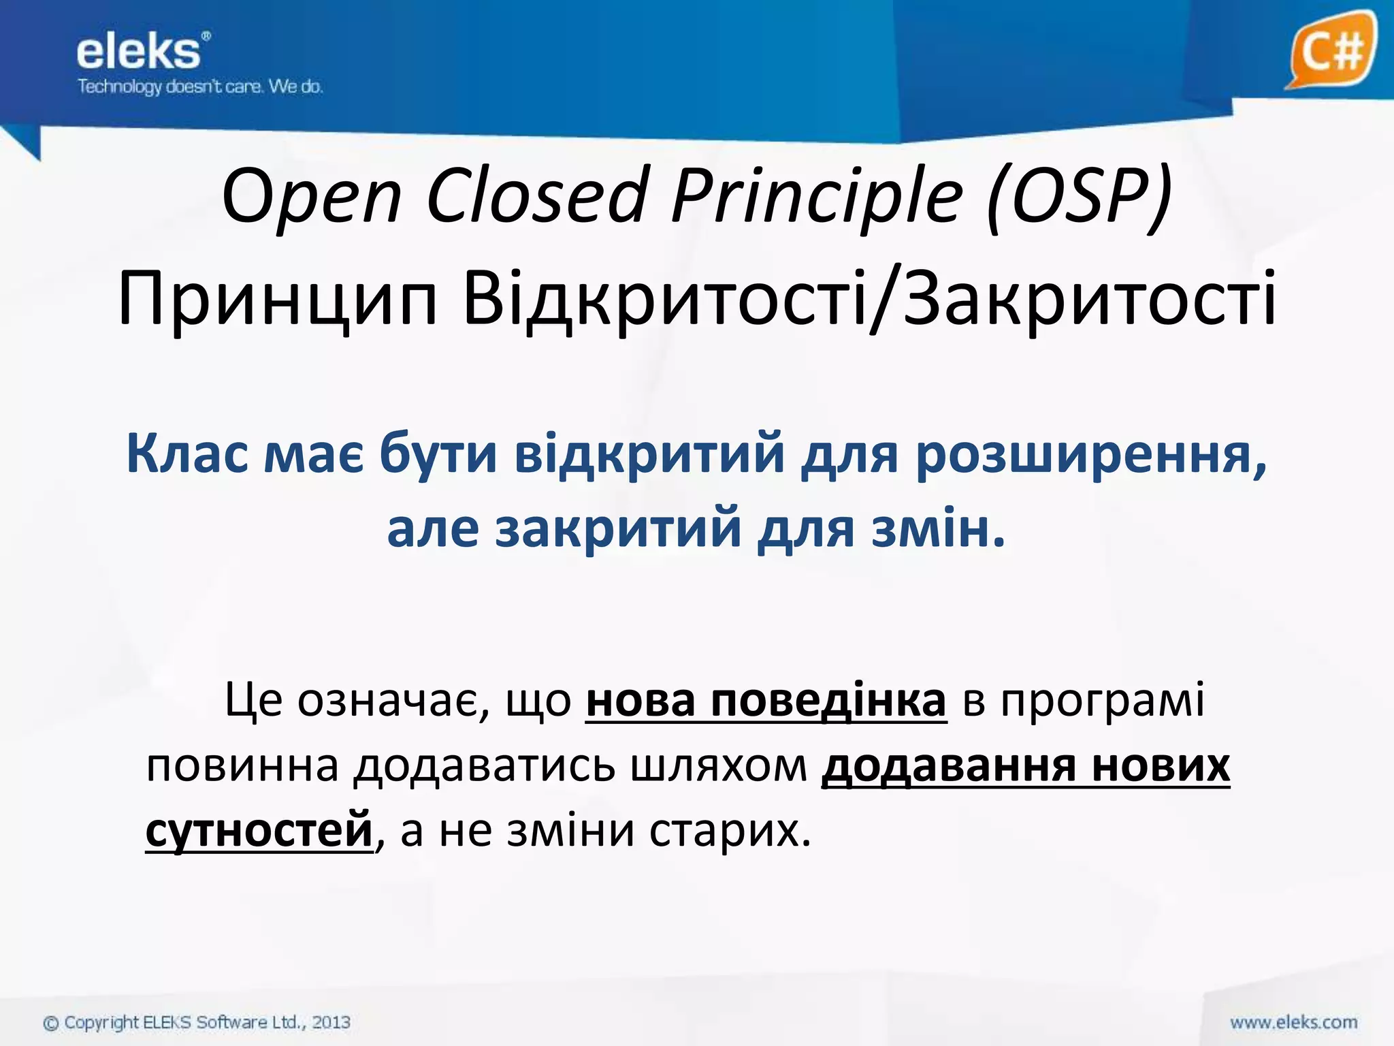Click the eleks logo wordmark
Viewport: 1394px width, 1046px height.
coord(139,52)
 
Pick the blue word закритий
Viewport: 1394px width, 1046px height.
coord(618,529)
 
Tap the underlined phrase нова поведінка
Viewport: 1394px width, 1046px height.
coord(766,700)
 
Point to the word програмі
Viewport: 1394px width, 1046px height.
coord(1103,700)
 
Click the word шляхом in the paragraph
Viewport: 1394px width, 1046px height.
coord(719,766)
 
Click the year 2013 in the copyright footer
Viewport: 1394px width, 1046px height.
coord(331,1022)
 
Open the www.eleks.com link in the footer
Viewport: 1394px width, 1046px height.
coord(1293,1022)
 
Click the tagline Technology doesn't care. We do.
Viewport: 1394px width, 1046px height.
coord(200,86)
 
